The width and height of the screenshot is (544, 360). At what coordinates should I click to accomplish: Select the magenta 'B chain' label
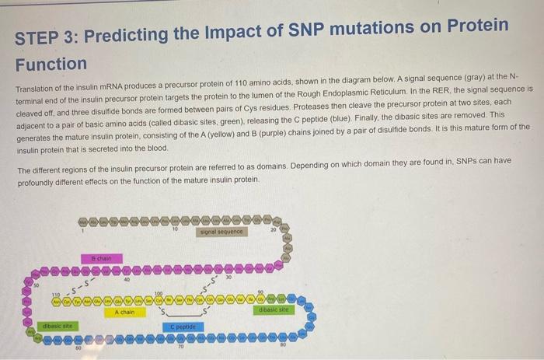tap(101, 257)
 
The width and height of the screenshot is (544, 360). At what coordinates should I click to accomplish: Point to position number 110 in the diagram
tap(55, 294)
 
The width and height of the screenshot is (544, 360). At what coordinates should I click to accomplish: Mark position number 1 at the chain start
tap(82, 230)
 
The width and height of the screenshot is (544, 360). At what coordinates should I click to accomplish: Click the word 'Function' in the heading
tap(51, 64)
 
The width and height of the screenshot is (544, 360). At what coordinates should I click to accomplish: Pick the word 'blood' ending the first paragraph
tap(155, 148)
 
